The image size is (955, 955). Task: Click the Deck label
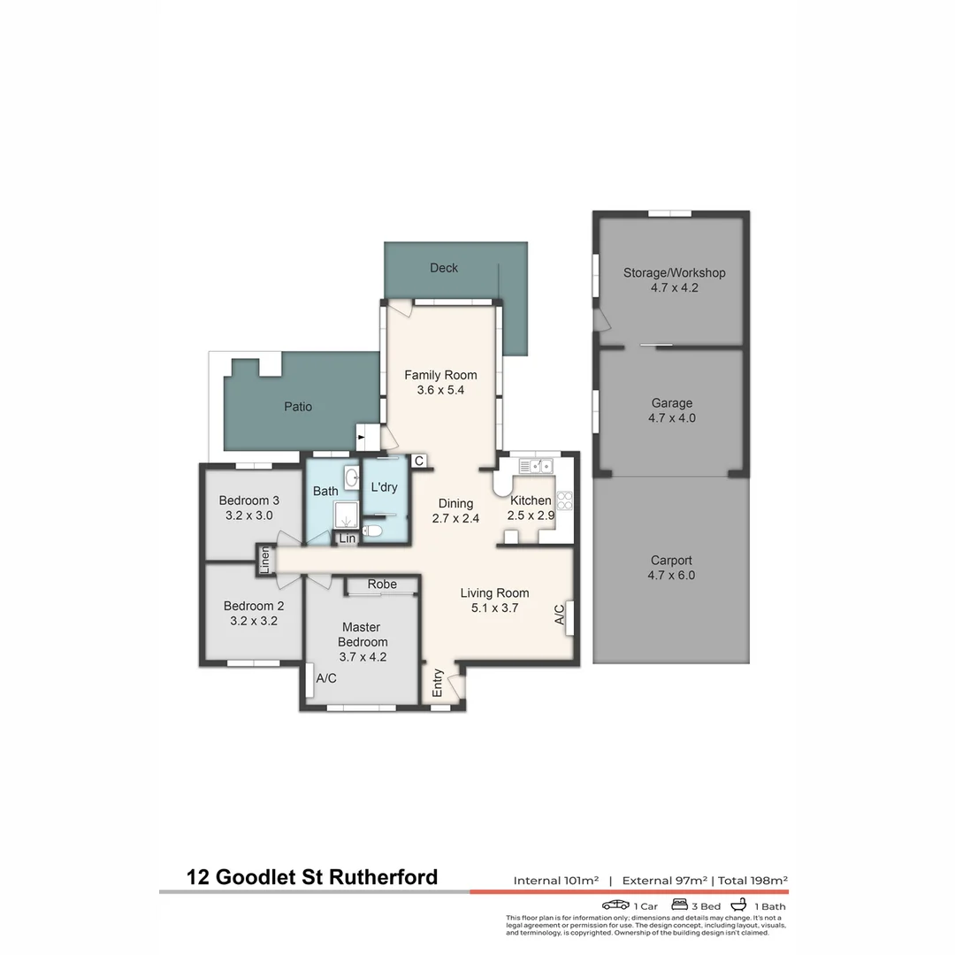pyautogui.click(x=443, y=268)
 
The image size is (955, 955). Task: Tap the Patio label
pyautogui.click(x=298, y=407)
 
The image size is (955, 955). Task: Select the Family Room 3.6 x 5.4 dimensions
pyautogui.click(x=440, y=391)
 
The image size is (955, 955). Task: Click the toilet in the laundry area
pyautogui.click(x=372, y=531)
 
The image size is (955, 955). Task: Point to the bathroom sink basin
pyautogui.click(x=352, y=478)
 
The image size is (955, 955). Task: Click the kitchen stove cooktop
pyautogui.click(x=564, y=500)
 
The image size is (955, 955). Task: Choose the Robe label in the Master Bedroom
pyautogui.click(x=382, y=584)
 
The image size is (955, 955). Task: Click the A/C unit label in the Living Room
pyautogui.click(x=560, y=615)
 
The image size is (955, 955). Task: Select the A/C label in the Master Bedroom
pyautogui.click(x=325, y=678)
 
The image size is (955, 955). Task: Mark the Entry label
pyautogui.click(x=438, y=683)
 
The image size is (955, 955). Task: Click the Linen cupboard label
pyautogui.click(x=264, y=561)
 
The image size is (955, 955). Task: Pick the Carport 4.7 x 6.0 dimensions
pyautogui.click(x=671, y=576)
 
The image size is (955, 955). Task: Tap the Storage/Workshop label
pyautogui.click(x=674, y=273)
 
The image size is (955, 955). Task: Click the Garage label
pyautogui.click(x=672, y=403)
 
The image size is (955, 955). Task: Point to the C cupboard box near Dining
pyautogui.click(x=419, y=461)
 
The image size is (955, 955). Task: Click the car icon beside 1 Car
pyautogui.click(x=615, y=905)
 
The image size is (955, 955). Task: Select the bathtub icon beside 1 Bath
pyautogui.click(x=738, y=905)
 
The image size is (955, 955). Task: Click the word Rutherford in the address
pyautogui.click(x=383, y=877)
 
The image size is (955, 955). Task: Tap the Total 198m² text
pyautogui.click(x=753, y=880)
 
